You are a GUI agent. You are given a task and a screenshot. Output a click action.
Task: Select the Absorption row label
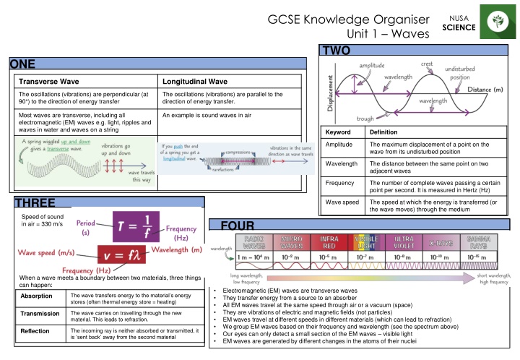[x=36, y=296]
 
